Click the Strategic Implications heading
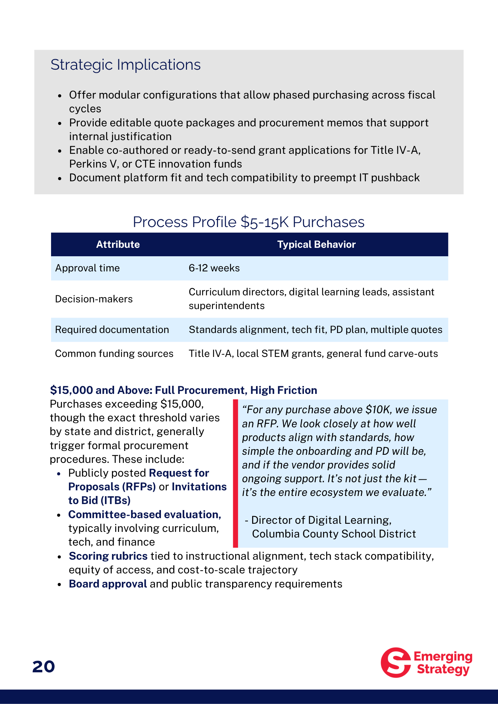(x=125, y=65)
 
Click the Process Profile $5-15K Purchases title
(x=249, y=222)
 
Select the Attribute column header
(x=118, y=244)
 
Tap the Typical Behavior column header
(x=316, y=244)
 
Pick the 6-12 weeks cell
(x=214, y=268)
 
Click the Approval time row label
(x=87, y=268)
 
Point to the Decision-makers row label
(x=94, y=299)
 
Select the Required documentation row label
(x=112, y=329)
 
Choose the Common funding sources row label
(x=114, y=353)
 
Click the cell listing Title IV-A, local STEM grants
(x=313, y=353)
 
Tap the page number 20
(x=44, y=666)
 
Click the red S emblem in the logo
(x=396, y=662)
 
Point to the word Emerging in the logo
(x=443, y=656)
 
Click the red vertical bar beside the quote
(x=235, y=473)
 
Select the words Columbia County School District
(x=334, y=534)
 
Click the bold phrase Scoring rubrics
(x=108, y=556)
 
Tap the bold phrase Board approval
(x=108, y=584)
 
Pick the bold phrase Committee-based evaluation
(x=144, y=514)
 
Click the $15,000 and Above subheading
(x=183, y=390)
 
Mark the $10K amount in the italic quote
(x=379, y=410)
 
